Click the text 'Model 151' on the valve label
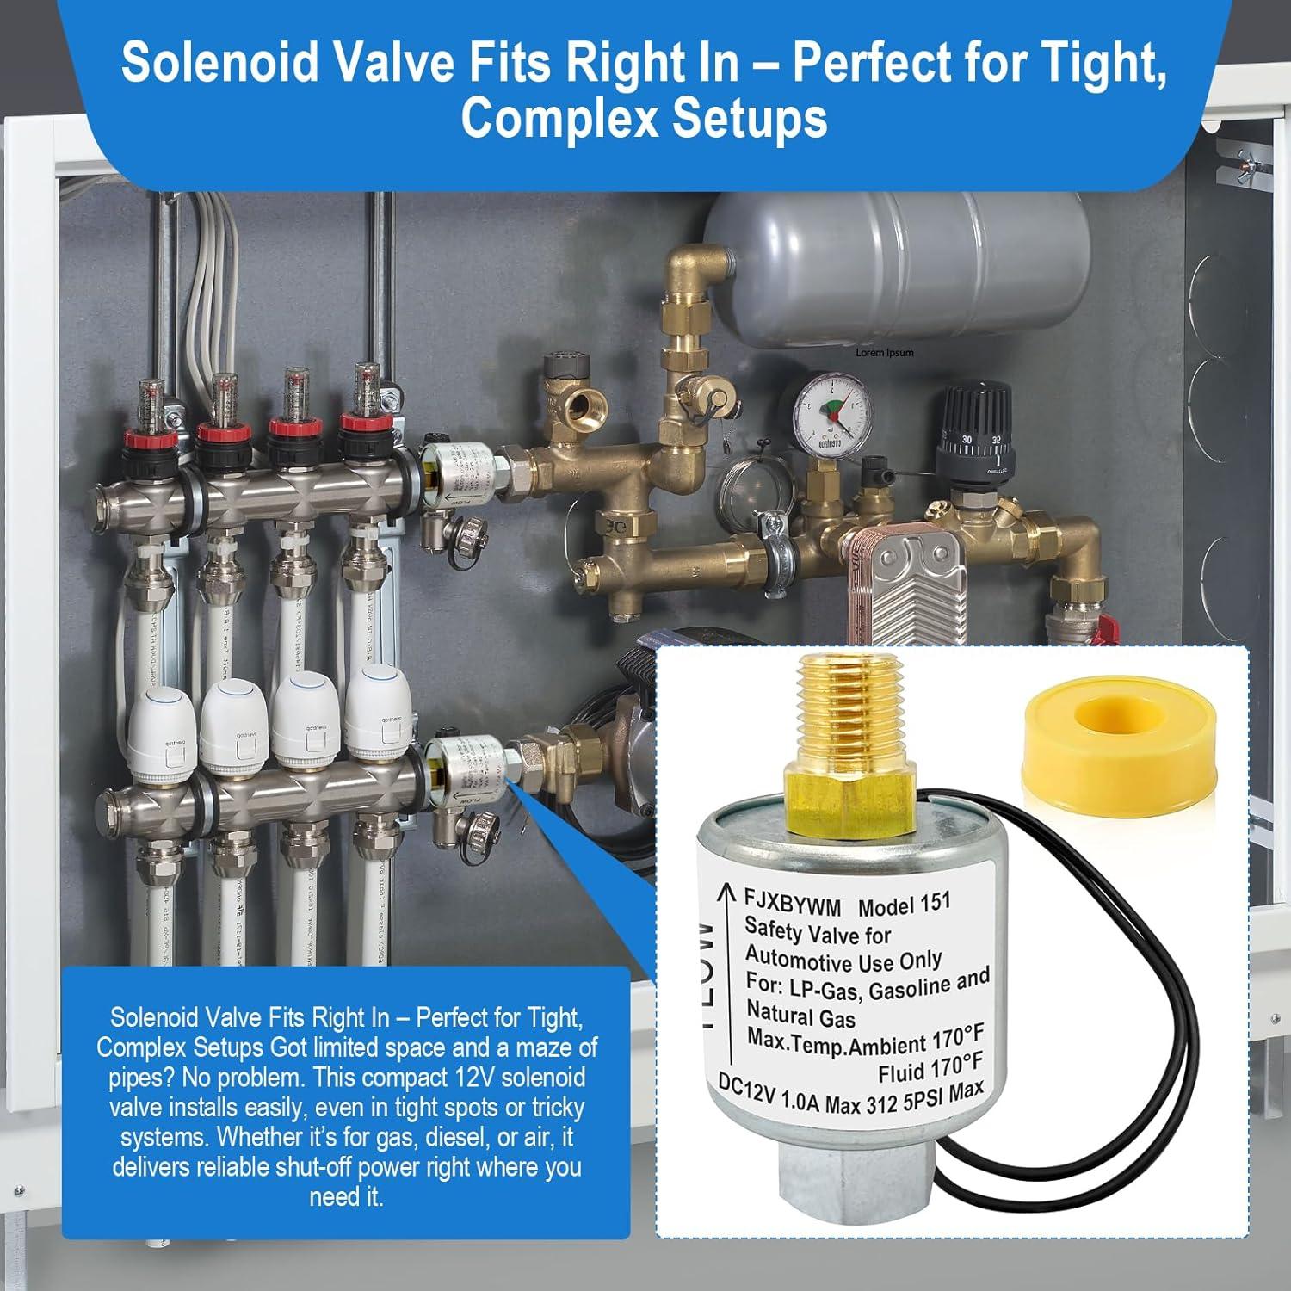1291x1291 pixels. [x=904, y=905]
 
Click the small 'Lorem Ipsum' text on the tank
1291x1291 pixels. [x=885, y=352]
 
